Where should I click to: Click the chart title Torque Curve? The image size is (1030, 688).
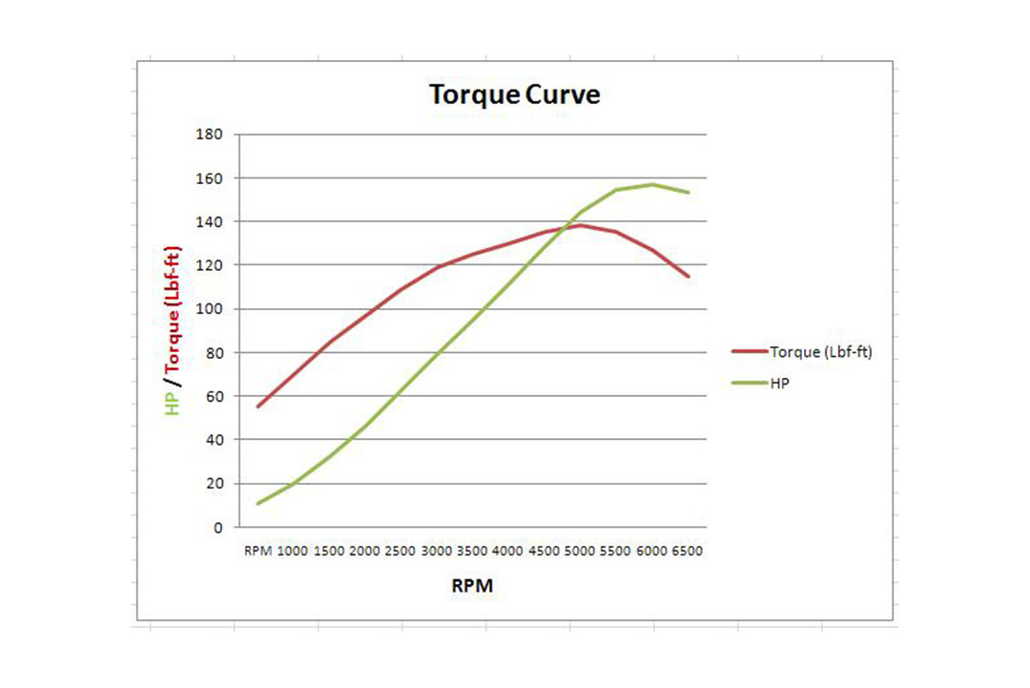point(514,95)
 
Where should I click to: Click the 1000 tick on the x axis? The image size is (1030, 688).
point(292,552)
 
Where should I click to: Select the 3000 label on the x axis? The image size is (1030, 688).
point(437,552)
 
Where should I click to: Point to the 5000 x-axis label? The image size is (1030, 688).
point(581,552)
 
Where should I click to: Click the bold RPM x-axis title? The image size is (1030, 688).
point(472,586)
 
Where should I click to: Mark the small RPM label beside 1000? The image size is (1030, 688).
point(257,552)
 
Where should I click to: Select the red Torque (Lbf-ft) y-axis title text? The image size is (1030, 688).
point(173,311)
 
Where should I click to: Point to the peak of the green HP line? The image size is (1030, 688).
point(653,184)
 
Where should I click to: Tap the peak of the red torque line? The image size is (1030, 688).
point(582,225)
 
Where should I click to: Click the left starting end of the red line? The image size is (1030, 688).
point(257,407)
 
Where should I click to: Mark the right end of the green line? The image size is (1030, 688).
point(689,192)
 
